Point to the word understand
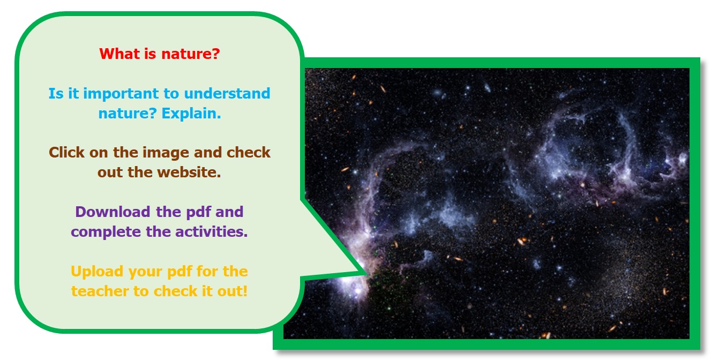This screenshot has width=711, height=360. (227, 93)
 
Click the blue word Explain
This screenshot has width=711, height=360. (191, 114)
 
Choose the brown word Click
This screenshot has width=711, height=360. (66, 152)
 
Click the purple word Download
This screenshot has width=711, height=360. (113, 212)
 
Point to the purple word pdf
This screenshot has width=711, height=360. (199, 212)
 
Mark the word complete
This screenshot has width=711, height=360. (106, 232)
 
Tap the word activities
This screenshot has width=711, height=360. (212, 232)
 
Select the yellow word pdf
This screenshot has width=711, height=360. (179, 272)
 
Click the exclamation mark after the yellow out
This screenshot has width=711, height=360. (245, 291)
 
